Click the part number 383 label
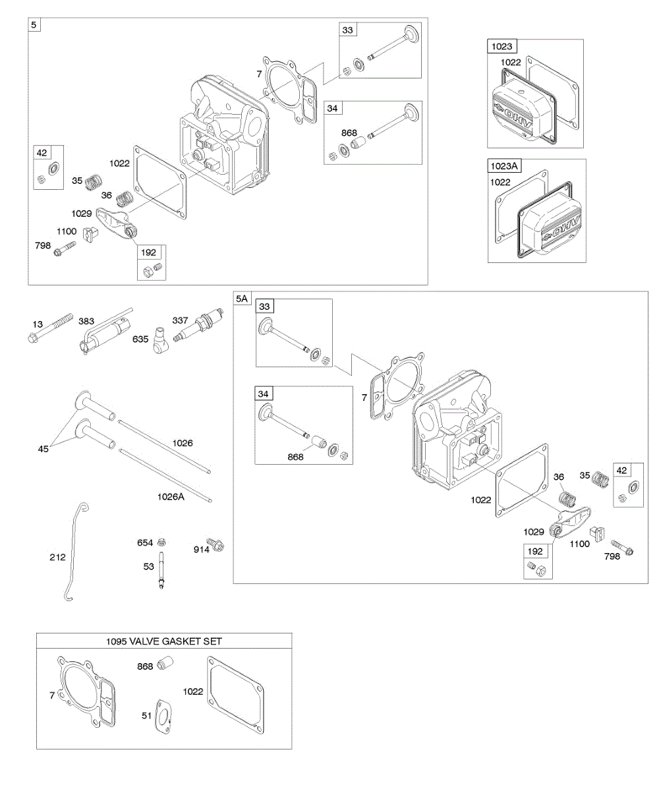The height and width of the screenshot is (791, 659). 86,321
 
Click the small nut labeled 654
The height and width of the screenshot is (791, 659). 162,542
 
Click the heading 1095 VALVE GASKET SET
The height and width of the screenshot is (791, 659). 164,641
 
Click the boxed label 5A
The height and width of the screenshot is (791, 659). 242,299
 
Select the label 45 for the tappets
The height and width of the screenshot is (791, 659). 44,450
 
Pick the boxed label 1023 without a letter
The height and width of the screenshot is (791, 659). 500,46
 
